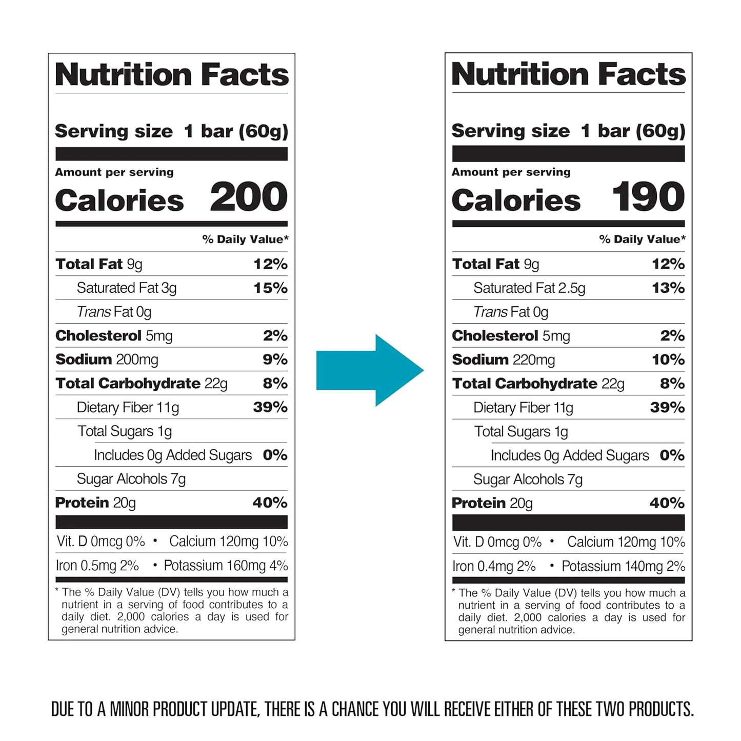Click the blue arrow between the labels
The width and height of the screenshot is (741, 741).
[x=369, y=370]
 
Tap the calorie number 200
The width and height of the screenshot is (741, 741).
[x=249, y=197]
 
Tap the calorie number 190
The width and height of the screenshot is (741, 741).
[x=648, y=197]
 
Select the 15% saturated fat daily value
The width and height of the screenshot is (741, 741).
[x=270, y=288]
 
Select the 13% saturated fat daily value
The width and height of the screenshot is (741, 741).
[x=668, y=288]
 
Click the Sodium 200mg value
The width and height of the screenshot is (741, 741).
[x=136, y=360]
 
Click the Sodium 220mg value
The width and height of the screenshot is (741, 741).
[x=533, y=360]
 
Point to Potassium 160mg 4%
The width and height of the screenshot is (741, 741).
[x=226, y=566]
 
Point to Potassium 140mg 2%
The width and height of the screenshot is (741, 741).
[x=623, y=566]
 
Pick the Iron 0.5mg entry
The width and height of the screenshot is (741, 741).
[x=97, y=566]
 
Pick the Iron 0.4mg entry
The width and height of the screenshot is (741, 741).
[x=494, y=566]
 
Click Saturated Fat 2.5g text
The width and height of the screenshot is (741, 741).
[x=529, y=288]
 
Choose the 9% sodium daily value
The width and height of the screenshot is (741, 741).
[x=275, y=360]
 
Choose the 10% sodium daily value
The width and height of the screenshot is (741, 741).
[x=668, y=360]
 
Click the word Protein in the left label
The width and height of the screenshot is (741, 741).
[x=82, y=503]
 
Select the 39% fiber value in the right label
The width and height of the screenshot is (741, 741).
[x=667, y=408]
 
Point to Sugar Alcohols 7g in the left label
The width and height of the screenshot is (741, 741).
[x=131, y=479]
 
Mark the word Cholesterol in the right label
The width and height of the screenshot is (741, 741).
[x=495, y=336]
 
